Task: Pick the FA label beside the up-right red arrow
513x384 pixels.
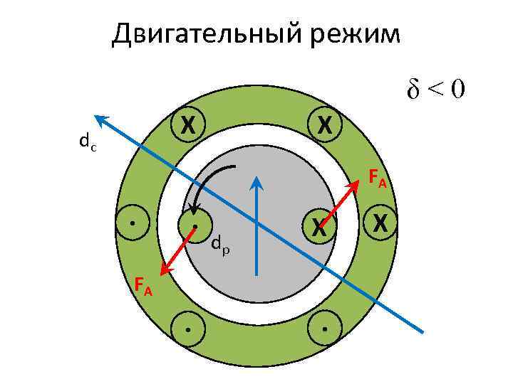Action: point(377,179)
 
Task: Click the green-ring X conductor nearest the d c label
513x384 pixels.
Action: point(187,125)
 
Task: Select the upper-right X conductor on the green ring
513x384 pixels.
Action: point(324,125)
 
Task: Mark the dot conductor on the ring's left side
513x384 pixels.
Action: point(133,224)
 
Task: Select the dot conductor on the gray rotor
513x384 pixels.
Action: point(195,225)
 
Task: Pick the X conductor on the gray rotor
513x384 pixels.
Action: point(318,227)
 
